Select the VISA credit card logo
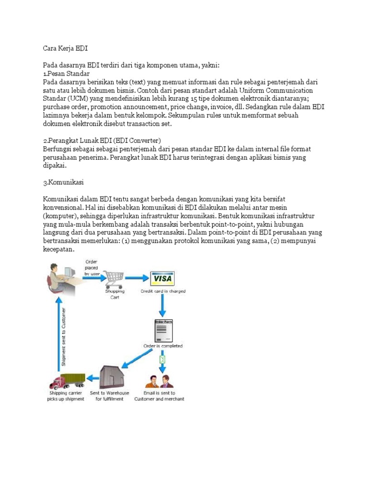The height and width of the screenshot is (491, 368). [x=162, y=279]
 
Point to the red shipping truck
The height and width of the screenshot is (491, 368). [x=67, y=382]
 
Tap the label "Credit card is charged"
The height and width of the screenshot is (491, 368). [x=163, y=291]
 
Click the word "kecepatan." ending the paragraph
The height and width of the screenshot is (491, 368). [x=59, y=249]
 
